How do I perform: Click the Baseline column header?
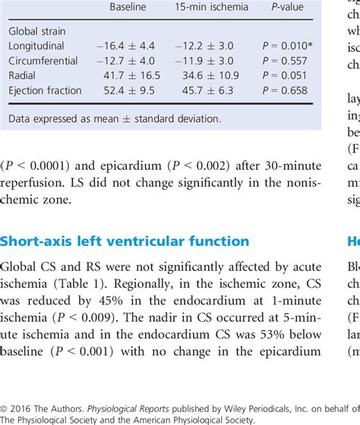[x=128, y=7]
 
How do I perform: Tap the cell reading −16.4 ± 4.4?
[x=127, y=48]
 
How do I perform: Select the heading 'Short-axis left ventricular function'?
[x=125, y=241]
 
